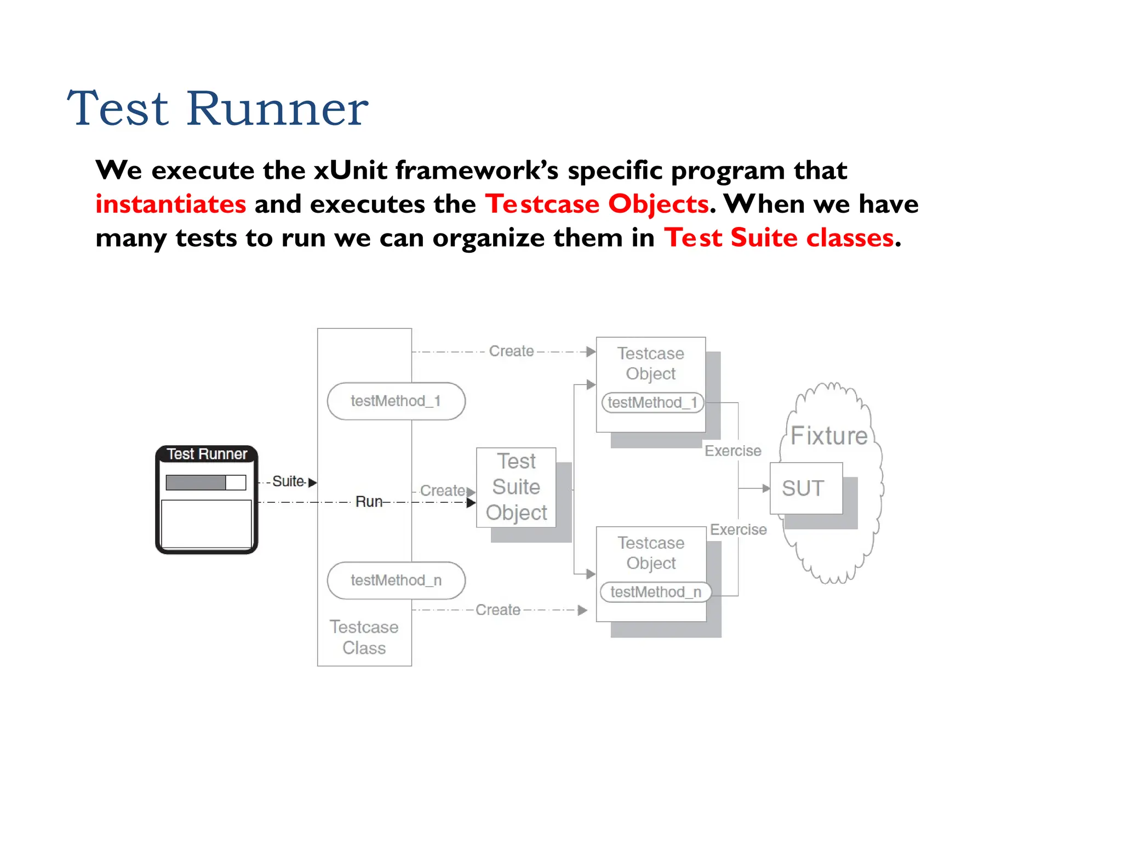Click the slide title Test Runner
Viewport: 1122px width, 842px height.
[217, 109]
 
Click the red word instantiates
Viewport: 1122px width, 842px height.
[170, 204]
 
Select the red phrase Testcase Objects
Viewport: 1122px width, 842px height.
[597, 204]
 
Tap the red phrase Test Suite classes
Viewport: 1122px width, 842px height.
[778, 238]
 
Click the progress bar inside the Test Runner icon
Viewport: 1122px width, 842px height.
[205, 482]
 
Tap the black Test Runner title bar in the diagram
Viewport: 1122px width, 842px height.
[207, 454]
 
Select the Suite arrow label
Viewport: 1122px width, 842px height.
[288, 481]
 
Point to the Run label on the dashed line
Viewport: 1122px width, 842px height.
[369, 502]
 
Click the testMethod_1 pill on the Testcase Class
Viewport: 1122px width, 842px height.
[396, 401]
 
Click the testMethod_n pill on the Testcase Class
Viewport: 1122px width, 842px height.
[396, 581]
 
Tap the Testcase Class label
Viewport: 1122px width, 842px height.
[364, 638]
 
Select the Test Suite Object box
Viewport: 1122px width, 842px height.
[516, 487]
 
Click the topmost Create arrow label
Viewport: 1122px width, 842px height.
[511, 351]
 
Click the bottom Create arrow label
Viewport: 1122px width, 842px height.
[497, 610]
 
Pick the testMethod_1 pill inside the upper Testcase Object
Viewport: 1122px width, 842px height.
[652, 403]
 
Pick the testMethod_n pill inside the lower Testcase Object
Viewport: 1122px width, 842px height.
[655, 592]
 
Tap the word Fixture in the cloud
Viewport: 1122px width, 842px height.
[829, 436]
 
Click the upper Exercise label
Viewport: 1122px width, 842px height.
[732, 451]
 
